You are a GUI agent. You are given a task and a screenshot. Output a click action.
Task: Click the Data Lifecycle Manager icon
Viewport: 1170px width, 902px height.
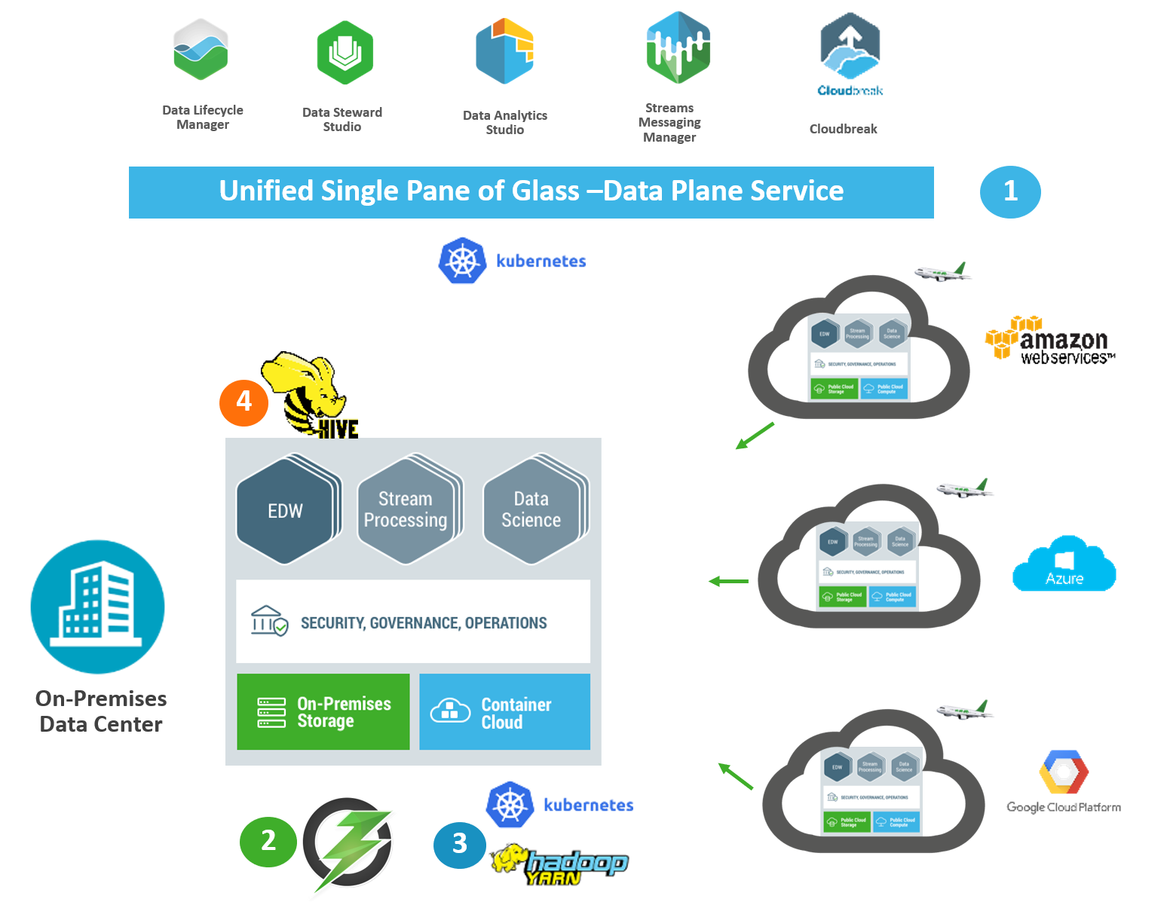point(201,50)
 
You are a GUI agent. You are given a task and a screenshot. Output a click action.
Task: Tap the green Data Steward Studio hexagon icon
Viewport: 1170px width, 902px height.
point(345,53)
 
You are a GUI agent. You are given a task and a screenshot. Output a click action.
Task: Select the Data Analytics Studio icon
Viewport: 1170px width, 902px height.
point(504,51)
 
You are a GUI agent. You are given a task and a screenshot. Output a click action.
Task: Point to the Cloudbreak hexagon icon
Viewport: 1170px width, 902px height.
point(850,47)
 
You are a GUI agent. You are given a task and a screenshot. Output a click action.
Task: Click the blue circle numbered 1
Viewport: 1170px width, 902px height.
point(1010,191)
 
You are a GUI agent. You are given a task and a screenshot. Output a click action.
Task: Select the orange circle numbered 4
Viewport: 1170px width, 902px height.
point(243,402)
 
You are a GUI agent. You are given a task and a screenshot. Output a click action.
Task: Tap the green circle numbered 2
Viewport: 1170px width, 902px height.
point(268,840)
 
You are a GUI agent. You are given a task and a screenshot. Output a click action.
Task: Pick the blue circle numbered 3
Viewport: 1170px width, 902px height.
point(459,843)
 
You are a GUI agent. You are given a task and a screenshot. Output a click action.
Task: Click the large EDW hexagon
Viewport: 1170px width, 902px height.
point(285,511)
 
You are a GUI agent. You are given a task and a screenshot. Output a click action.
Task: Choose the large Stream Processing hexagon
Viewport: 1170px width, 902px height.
point(406,510)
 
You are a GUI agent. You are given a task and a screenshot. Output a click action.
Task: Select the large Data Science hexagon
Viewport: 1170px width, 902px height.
point(531,510)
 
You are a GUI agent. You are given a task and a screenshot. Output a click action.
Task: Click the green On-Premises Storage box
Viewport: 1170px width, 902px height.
point(323,712)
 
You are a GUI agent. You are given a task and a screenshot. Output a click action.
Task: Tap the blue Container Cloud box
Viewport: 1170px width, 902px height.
point(504,712)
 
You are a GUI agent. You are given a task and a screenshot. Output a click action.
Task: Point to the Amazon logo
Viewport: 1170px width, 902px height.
point(1046,337)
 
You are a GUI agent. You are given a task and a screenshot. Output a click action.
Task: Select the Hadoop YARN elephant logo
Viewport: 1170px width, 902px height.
point(559,864)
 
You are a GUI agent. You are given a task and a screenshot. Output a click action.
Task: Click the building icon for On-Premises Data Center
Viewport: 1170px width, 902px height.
point(98,607)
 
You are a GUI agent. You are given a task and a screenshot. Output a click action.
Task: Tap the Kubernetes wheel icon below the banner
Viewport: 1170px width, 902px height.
point(462,261)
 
